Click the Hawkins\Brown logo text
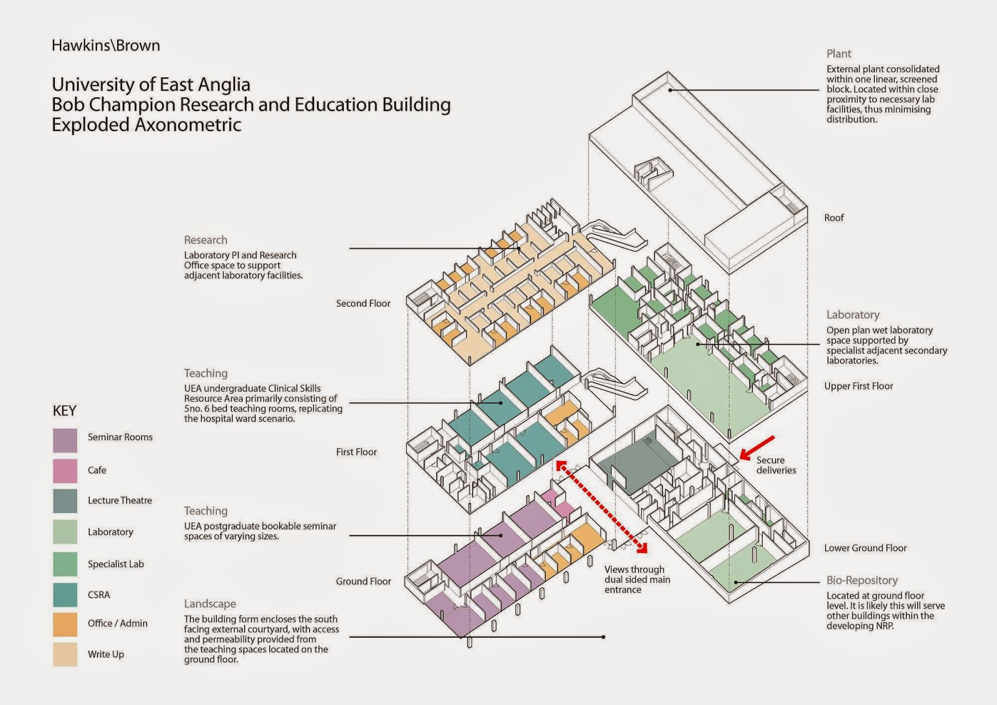pyautogui.click(x=106, y=46)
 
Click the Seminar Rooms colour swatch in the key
pyautogui.click(x=65, y=440)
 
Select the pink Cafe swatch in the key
pyautogui.click(x=65, y=471)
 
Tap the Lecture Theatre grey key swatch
pyautogui.click(x=65, y=501)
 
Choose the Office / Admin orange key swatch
pyautogui.click(x=65, y=625)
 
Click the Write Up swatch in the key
pyautogui.click(x=65, y=655)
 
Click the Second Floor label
pyautogui.click(x=363, y=304)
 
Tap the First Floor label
pyautogui.click(x=356, y=452)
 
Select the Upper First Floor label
pyautogui.click(x=858, y=386)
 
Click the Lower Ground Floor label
pyautogui.click(x=865, y=549)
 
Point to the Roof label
pyautogui.click(x=834, y=218)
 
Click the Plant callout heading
pyautogui.click(x=839, y=54)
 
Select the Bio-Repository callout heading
pyautogui.click(x=862, y=580)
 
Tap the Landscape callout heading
pyautogui.click(x=209, y=604)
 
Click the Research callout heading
pyautogui.click(x=205, y=240)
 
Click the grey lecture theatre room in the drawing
pyautogui.click(x=632, y=461)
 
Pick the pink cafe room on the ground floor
pyautogui.click(x=556, y=502)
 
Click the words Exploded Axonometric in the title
pyautogui.click(x=146, y=125)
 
